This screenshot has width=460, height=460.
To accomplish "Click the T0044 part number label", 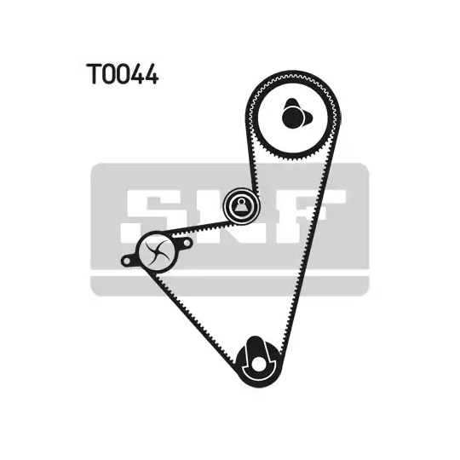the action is pos(122,74).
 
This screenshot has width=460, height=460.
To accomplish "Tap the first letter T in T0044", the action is pos(94,74).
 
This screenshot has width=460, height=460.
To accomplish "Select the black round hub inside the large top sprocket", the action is pos(292,117).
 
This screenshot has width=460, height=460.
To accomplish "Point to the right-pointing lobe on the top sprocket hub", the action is pos(308,118).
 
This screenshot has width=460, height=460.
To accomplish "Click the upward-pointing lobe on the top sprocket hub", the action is pos(291,103).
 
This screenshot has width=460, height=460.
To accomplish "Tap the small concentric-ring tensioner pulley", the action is pos(241,205).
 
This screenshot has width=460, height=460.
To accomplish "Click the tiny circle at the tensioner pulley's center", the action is pos(241,202).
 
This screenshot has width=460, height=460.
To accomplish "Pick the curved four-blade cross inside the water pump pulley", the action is pos(158,251).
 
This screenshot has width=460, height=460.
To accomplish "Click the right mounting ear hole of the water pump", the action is pos(187,243).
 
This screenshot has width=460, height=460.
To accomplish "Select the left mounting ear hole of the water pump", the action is pos(126,261).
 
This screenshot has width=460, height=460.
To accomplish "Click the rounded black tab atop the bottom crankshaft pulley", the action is pos(255,344).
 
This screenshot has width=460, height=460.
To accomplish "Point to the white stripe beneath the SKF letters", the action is pos(229,273).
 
